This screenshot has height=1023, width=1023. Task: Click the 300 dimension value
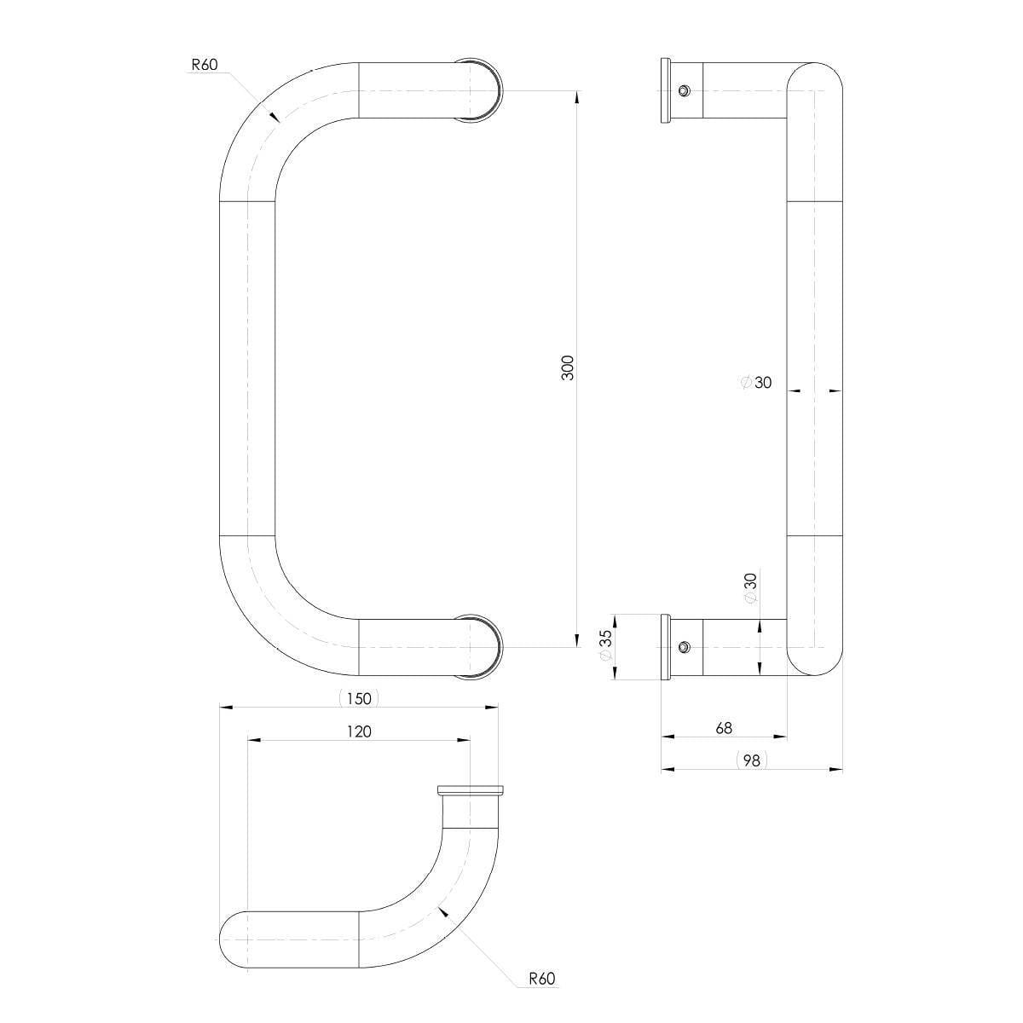click(x=568, y=367)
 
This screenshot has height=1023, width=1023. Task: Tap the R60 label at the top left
click(x=205, y=65)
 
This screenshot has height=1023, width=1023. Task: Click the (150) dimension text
click(x=359, y=698)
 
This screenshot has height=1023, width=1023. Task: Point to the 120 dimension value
click(x=359, y=731)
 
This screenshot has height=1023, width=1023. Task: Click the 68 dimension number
click(x=724, y=728)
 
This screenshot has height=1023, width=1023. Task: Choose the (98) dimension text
click(x=752, y=760)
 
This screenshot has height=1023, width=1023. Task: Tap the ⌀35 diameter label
click(x=606, y=645)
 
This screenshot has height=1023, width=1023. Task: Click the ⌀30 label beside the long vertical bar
click(x=756, y=382)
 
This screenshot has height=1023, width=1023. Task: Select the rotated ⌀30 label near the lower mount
click(x=750, y=588)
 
